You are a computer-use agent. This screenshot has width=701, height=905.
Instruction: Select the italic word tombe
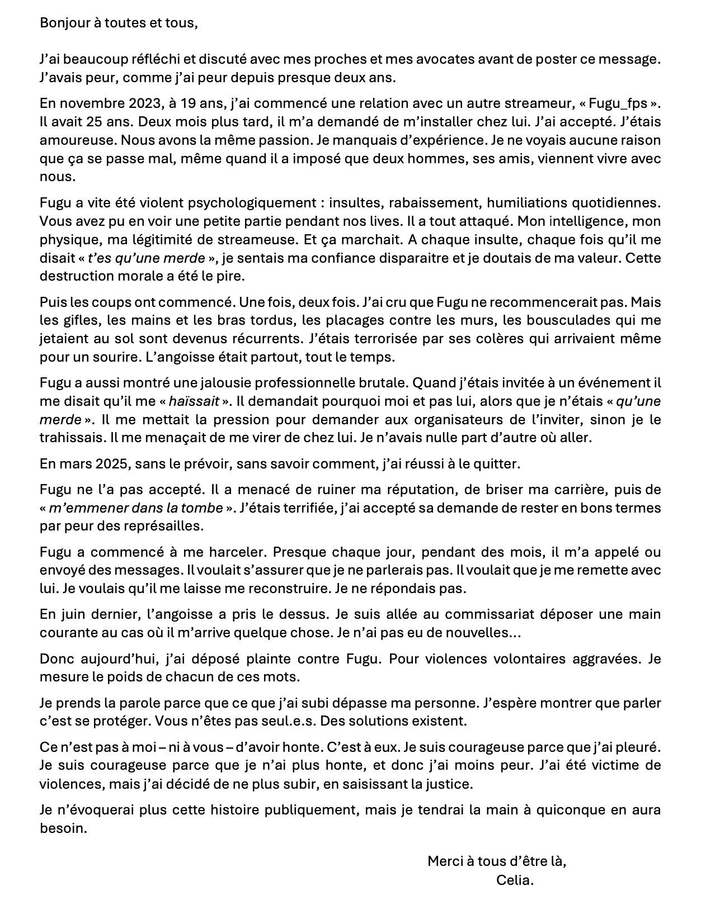pos(203,508)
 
